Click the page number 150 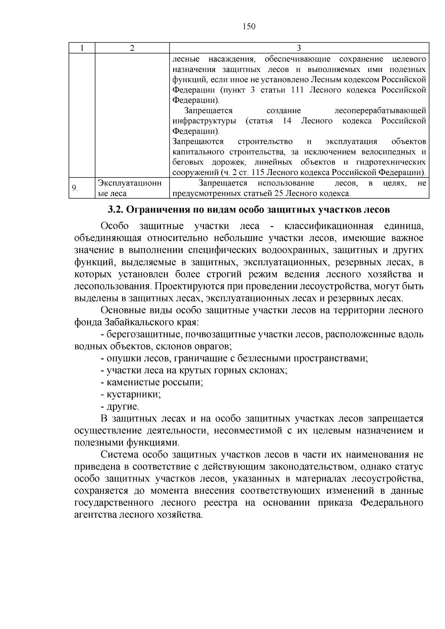tap(249, 27)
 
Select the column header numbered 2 tap(132, 48)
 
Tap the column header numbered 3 tap(299, 48)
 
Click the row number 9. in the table tap(75, 188)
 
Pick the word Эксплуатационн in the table tap(129, 183)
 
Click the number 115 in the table tap(258, 172)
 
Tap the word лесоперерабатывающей tap(380, 111)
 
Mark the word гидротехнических tap(391, 162)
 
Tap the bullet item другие tap(123, 407)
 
